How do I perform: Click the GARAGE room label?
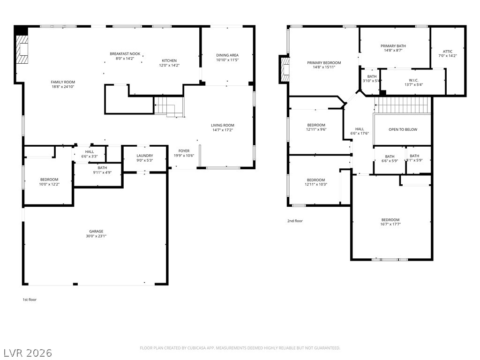[x=96, y=232]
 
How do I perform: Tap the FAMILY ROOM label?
[x=63, y=82]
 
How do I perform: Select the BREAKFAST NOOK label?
[x=125, y=54]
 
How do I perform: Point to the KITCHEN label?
[x=169, y=60]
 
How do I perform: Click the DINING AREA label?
[x=227, y=55]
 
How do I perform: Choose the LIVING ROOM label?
[x=223, y=125]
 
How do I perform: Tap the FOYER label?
[x=184, y=151]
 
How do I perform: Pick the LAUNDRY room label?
[x=145, y=156]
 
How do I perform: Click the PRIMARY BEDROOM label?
[x=324, y=63]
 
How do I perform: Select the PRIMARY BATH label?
[x=393, y=46]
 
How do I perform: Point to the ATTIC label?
[x=448, y=52]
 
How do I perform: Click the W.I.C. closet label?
[x=413, y=80]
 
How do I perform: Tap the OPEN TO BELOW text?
[x=403, y=129]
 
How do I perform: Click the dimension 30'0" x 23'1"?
[x=96, y=236]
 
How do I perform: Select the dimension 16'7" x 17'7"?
[x=390, y=224]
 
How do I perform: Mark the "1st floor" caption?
[x=30, y=300]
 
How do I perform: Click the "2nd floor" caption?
[x=295, y=221]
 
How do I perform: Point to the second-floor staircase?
[x=403, y=105]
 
